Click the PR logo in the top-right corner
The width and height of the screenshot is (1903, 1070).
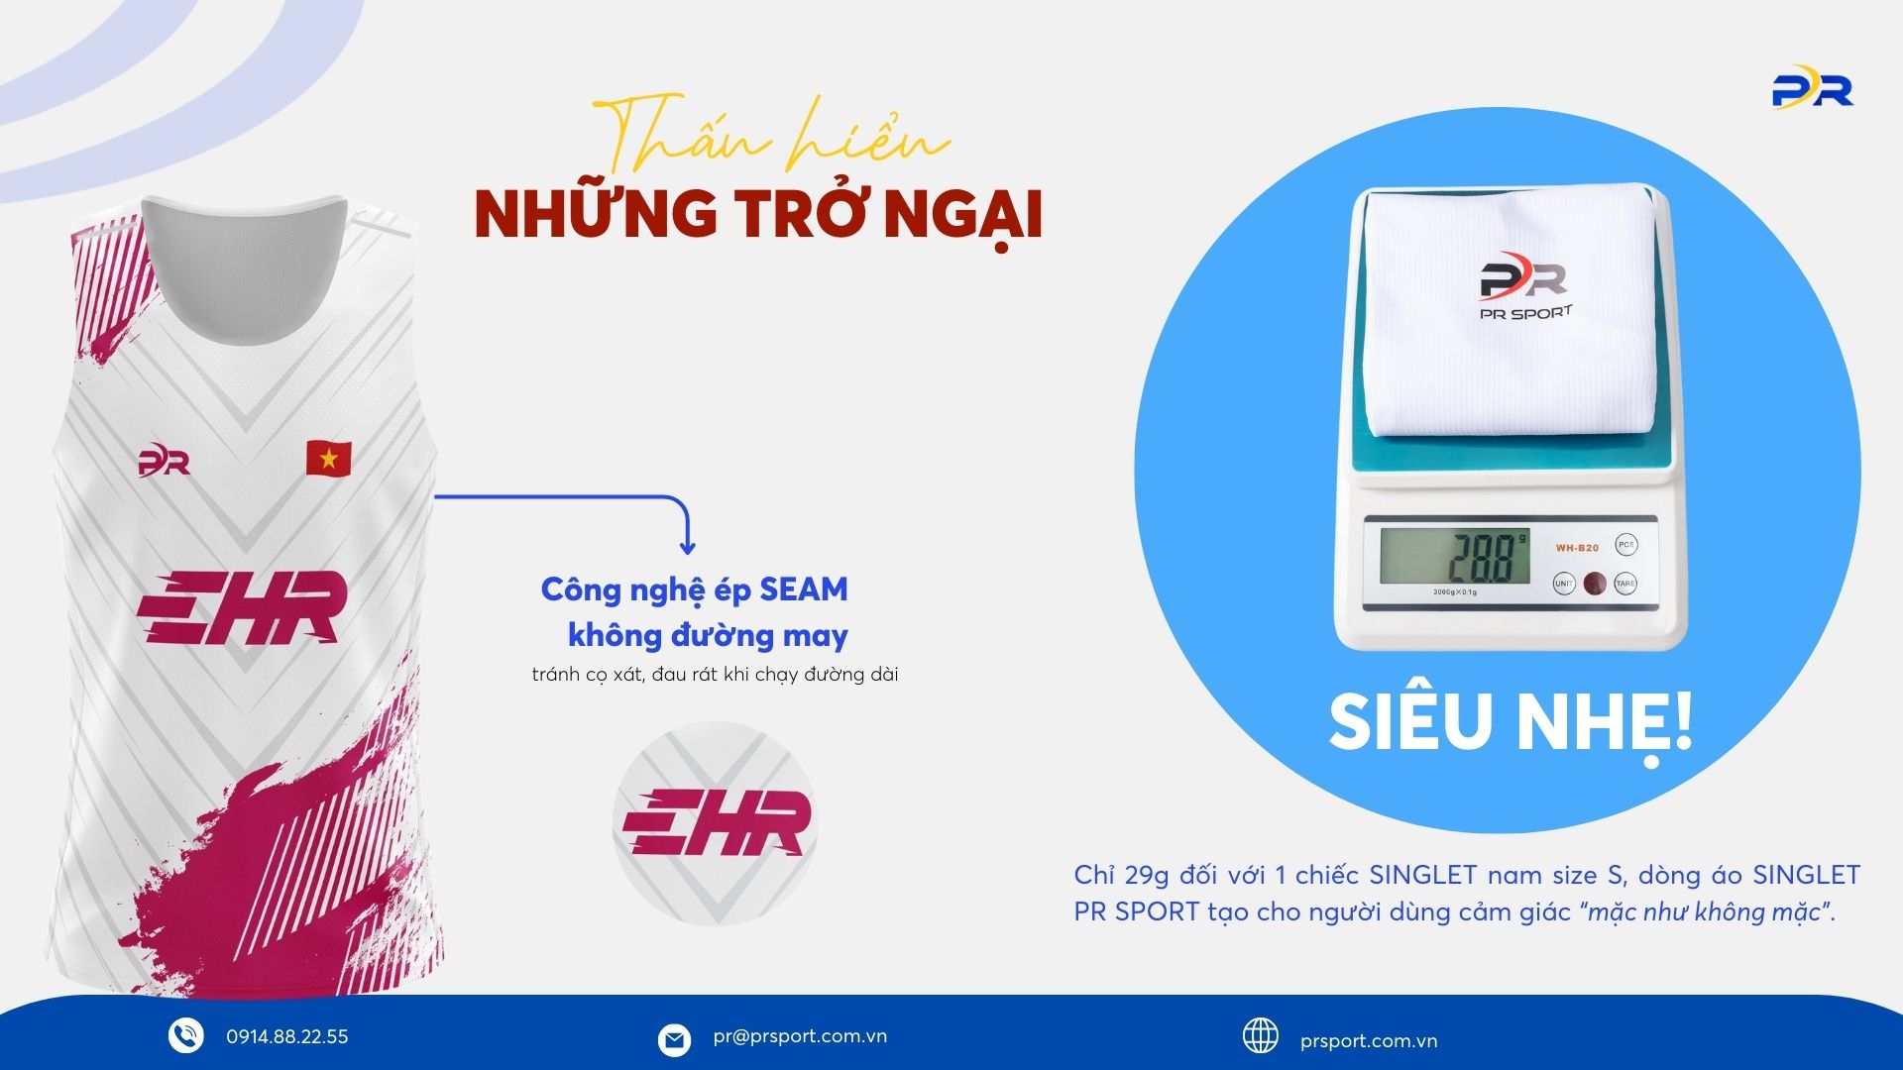point(1812,86)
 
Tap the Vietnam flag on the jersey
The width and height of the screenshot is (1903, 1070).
point(328,457)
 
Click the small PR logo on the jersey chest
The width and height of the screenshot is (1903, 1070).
point(164,462)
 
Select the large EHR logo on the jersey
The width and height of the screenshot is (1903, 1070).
point(242,606)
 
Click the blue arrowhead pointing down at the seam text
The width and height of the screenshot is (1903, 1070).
point(687,546)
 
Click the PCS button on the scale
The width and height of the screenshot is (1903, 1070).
point(1625,545)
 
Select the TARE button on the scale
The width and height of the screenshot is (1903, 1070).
point(1625,583)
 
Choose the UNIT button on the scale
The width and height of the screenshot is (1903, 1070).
point(1564,583)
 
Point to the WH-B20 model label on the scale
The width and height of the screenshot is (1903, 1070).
point(1577,548)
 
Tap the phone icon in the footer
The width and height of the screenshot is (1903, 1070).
point(185,1035)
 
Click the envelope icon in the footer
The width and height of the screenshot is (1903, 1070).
point(674,1040)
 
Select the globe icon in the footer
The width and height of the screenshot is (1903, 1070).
point(1261,1035)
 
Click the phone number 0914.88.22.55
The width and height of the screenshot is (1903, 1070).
point(287,1037)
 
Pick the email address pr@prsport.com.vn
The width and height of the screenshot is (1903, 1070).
point(800,1037)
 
